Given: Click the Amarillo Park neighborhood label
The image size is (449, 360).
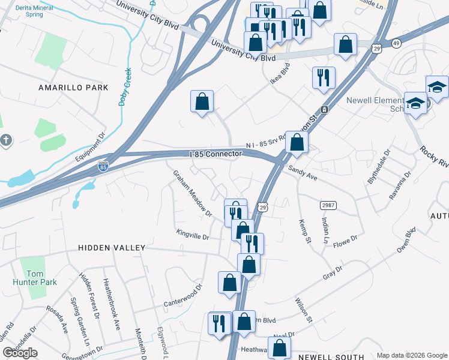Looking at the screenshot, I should click(x=73, y=88).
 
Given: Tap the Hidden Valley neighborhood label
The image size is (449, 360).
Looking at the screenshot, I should click(x=112, y=248).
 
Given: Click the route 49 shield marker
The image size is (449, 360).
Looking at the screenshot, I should click(x=396, y=43).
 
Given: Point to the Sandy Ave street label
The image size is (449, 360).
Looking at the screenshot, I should click(x=303, y=173).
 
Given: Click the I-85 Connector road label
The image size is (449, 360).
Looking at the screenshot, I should click(x=215, y=154).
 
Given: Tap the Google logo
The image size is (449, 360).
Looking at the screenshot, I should click(x=20, y=353).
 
